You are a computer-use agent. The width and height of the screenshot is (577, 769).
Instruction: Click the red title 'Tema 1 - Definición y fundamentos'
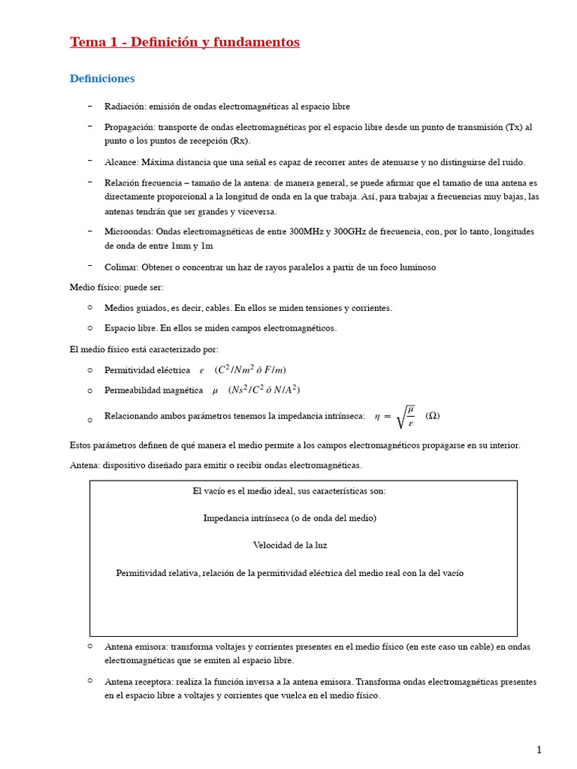184,43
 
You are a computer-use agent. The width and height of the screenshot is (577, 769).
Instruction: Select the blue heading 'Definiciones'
102,78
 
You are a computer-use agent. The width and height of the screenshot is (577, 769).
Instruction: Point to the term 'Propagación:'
131,128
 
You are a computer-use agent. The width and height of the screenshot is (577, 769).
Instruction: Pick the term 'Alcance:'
120,162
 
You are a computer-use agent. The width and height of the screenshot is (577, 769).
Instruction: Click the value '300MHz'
304,232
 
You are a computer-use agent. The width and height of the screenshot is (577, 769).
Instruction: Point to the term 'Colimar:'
122,267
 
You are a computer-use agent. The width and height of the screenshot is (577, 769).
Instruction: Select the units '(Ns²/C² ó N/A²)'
264,390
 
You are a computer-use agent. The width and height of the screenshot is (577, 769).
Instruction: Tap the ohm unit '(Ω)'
433,416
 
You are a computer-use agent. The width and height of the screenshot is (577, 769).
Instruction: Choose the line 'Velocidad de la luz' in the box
290,545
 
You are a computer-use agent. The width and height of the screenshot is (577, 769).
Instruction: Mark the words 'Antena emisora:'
136,647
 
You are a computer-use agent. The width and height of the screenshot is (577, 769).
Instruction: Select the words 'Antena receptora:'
139,682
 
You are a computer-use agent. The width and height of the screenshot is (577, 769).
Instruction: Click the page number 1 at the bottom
538,749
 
